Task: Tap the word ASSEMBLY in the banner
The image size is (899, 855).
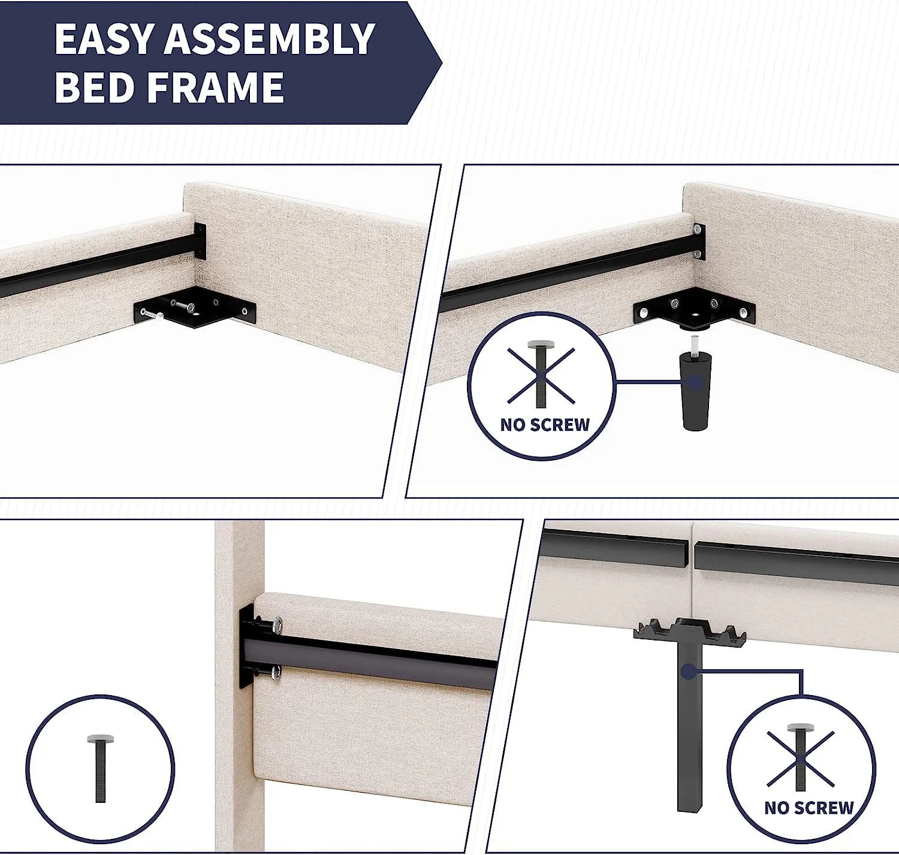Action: (x=270, y=39)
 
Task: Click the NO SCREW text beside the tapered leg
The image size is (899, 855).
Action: (x=545, y=425)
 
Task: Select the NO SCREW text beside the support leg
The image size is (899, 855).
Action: (x=809, y=808)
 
